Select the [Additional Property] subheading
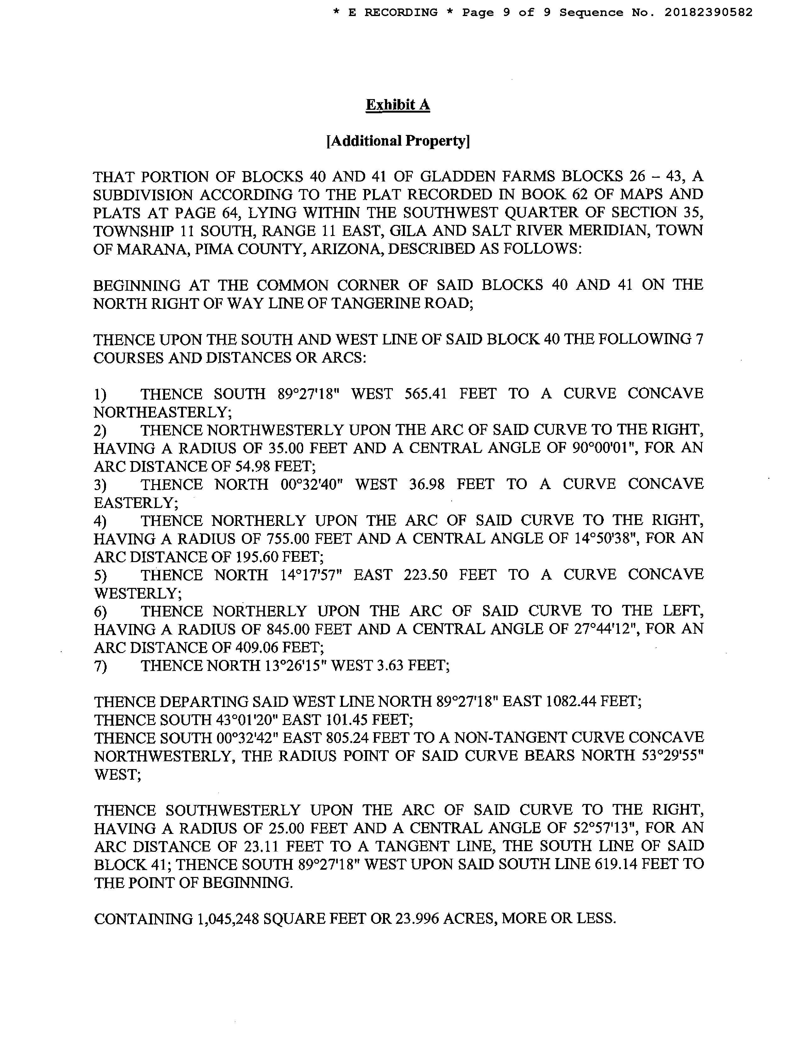click(x=398, y=141)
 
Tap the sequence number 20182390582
click(x=708, y=12)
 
